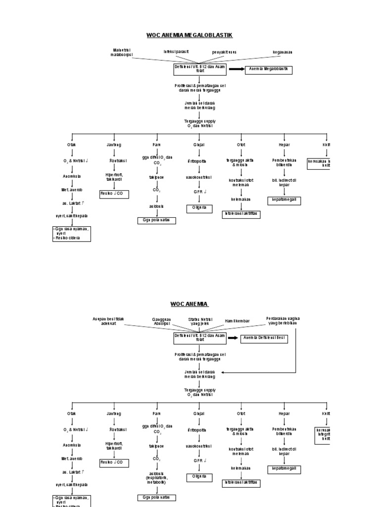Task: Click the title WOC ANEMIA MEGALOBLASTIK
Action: tap(190, 35)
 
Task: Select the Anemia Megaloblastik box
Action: tap(269, 69)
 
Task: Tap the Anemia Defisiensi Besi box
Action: tap(265, 338)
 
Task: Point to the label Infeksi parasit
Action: tap(176, 51)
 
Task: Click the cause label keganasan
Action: tap(283, 51)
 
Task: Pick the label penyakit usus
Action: tap(224, 51)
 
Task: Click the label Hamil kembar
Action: tap(237, 321)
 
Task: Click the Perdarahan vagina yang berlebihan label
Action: tap(283, 321)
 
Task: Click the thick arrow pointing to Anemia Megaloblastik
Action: tap(237, 69)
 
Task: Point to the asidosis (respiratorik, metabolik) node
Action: tap(157, 478)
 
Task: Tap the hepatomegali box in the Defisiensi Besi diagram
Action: tap(284, 468)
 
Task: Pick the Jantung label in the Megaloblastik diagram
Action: tap(114, 145)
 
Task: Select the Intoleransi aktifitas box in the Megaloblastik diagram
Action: tap(241, 214)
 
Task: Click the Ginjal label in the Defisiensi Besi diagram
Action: tap(199, 413)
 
